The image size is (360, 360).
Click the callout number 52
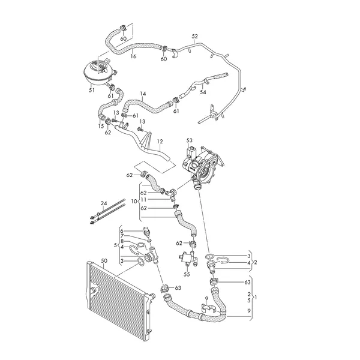(x=194, y=37)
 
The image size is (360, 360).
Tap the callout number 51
(x=91, y=91)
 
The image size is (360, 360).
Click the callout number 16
(x=133, y=56)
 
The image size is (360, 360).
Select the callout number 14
(x=143, y=94)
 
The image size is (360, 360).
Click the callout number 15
(x=100, y=127)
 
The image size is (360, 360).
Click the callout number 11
(x=143, y=200)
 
